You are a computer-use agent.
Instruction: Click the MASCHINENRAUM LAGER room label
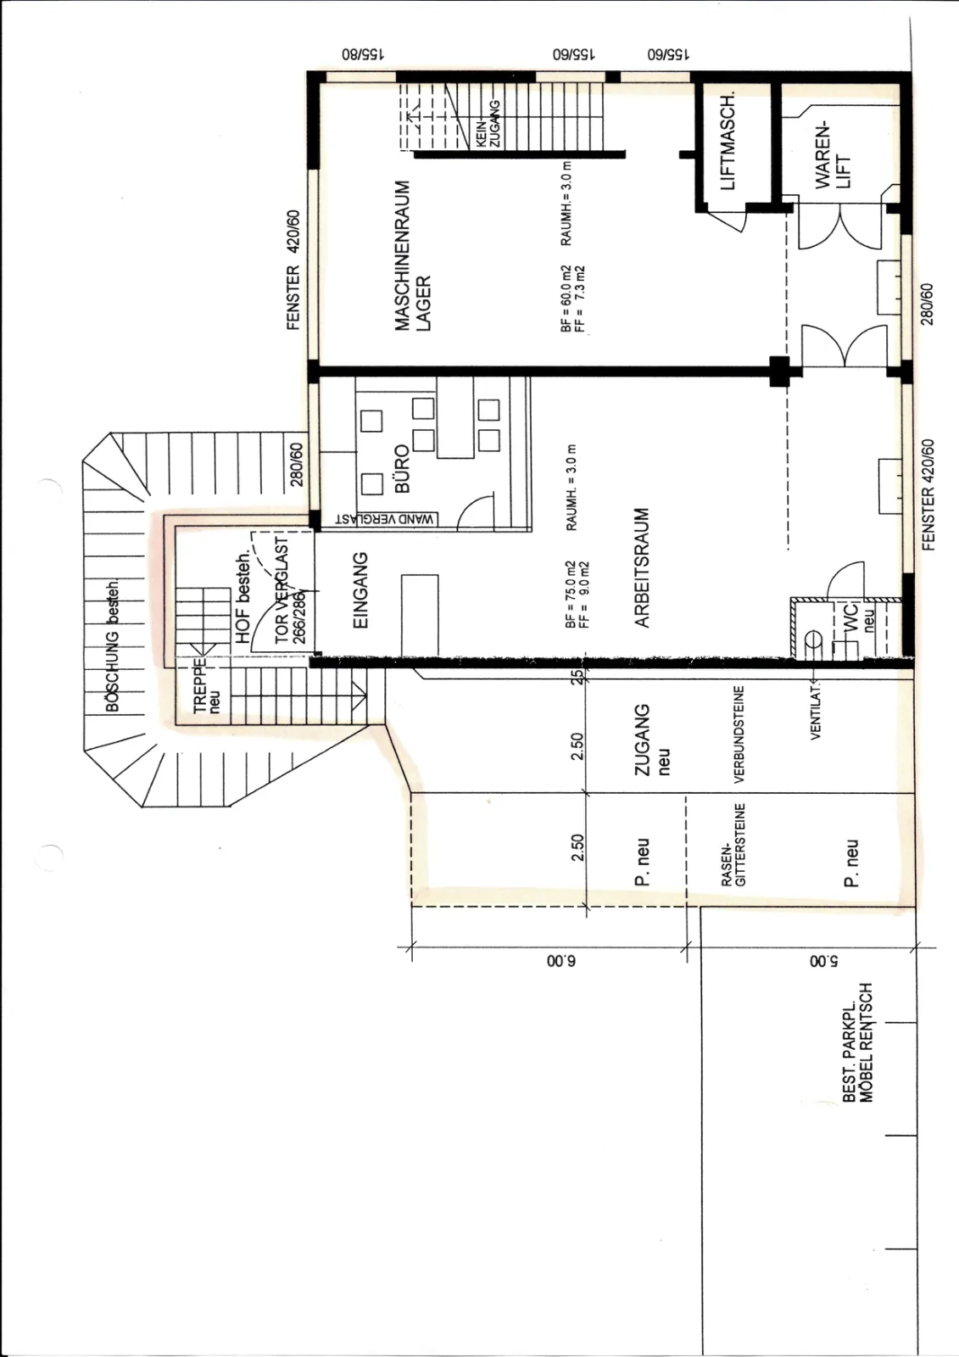point(413,255)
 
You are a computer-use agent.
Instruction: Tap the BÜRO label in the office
point(402,468)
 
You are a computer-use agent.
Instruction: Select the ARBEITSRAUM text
point(642,567)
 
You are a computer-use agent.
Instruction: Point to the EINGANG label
point(360,589)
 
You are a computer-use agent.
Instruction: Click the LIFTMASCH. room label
point(728,142)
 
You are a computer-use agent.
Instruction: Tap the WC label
point(851,617)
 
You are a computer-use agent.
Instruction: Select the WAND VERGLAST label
point(385,519)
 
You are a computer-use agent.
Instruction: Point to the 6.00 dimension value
point(561,961)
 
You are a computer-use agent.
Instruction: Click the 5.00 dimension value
point(824,961)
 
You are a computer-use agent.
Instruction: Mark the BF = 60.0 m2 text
point(566,299)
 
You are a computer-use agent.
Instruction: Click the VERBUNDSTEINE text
point(739,734)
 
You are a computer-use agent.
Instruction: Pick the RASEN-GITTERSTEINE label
point(733,845)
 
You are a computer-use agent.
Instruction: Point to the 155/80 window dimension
point(364,54)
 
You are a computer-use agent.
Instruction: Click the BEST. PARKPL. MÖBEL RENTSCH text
point(858,1042)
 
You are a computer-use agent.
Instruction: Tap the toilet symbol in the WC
point(812,639)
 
